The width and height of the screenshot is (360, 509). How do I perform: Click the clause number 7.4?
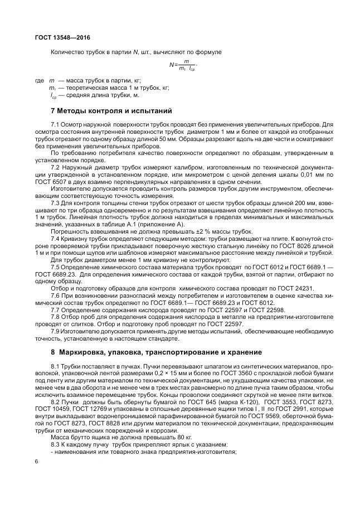[55, 238]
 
